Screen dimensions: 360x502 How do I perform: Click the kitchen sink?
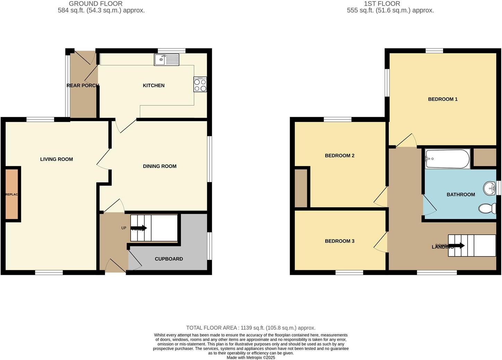(167, 60)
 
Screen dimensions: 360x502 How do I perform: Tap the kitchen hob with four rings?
(200, 85)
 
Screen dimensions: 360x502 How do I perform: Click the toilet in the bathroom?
(487, 208)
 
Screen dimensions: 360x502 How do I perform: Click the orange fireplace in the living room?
(11, 194)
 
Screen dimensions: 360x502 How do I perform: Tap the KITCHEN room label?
(153, 85)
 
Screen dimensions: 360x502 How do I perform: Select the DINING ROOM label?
(160, 166)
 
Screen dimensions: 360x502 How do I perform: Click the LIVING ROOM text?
(56, 159)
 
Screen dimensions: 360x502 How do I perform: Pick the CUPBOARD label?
(169, 259)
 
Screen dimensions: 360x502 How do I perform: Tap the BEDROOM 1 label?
(443, 99)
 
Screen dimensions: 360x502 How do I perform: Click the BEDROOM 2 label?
(340, 156)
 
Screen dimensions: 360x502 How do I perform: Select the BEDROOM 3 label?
(340, 241)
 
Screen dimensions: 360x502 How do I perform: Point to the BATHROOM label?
(461, 195)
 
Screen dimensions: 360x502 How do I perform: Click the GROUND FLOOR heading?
(96, 4)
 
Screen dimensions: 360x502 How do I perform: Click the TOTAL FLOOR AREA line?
(251, 328)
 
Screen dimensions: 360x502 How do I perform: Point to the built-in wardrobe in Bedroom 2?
(301, 188)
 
